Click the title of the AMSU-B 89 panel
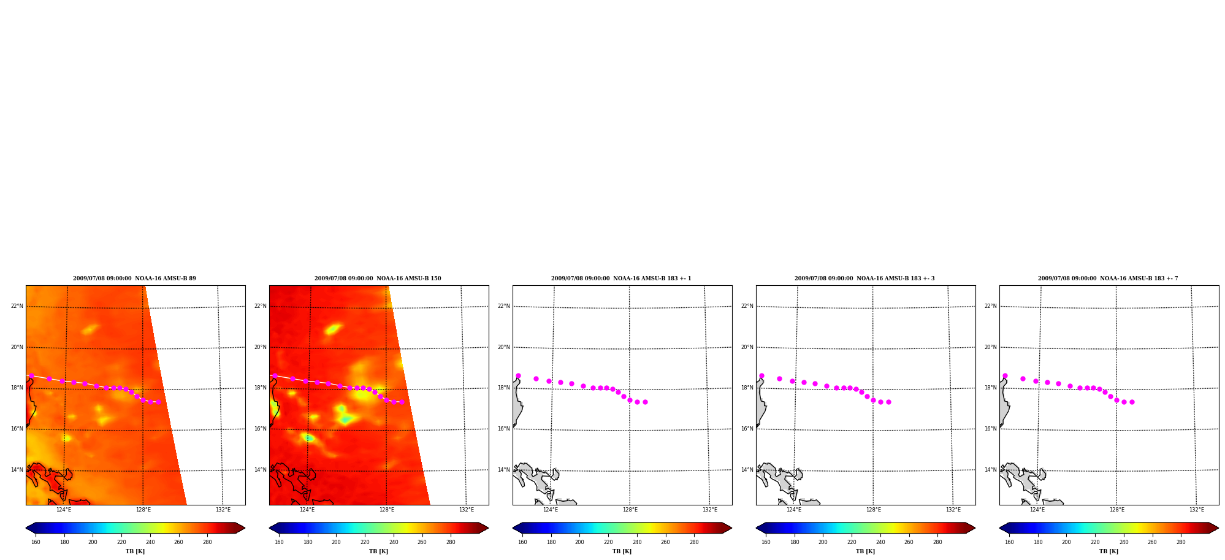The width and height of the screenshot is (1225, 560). (135, 278)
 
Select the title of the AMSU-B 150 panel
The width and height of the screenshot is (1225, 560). (378, 278)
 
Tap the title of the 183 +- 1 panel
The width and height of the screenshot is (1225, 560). (621, 278)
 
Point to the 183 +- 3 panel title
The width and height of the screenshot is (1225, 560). (864, 278)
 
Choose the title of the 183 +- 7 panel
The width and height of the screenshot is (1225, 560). (1108, 278)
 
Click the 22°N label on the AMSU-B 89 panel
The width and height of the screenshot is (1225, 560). (17, 306)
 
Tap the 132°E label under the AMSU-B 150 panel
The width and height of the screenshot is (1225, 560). (467, 510)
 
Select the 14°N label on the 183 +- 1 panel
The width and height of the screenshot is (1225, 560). (504, 470)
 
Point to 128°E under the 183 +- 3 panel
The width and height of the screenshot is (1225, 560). (874, 510)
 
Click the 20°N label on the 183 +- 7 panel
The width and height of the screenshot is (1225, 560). (991, 347)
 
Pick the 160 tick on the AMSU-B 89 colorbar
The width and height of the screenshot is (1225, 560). (36, 542)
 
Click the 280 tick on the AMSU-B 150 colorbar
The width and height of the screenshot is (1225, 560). (451, 542)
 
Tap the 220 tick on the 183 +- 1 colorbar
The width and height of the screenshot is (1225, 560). (608, 542)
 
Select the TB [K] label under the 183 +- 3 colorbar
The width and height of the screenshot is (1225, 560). (865, 551)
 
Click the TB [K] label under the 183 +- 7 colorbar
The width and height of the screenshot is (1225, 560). (1109, 551)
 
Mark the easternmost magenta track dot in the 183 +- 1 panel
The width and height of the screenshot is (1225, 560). (645, 402)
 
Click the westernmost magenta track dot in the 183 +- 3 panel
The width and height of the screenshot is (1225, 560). (761, 375)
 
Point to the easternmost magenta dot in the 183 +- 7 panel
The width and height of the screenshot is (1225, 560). (1132, 402)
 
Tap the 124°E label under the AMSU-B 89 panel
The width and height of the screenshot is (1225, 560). (64, 510)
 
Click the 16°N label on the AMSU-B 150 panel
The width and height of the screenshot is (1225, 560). (261, 429)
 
